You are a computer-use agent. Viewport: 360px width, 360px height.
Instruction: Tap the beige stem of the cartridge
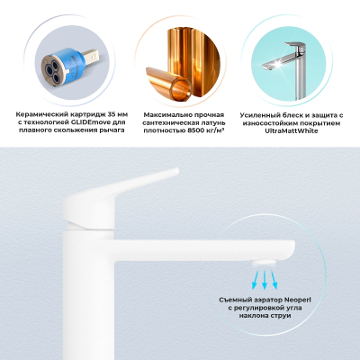[x=91, y=58]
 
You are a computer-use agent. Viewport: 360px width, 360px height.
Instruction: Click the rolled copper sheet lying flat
[x=169, y=83]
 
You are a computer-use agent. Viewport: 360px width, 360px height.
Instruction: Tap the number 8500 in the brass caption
[x=193, y=130]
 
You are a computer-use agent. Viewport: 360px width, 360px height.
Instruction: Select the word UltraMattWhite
[x=292, y=130]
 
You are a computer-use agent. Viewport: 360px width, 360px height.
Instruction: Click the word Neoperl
[x=298, y=300]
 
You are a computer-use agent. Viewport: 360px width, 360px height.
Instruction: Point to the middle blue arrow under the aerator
[x=265, y=280]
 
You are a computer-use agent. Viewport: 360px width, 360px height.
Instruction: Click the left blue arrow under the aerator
[x=256, y=280]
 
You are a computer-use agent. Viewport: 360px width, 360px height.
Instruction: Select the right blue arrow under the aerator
[x=274, y=280]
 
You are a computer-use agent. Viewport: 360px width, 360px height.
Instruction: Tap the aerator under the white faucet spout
[x=264, y=264]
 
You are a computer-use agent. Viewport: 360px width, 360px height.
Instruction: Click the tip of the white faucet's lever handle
[x=176, y=171]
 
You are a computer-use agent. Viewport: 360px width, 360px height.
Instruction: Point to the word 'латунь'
[x=213, y=122]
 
